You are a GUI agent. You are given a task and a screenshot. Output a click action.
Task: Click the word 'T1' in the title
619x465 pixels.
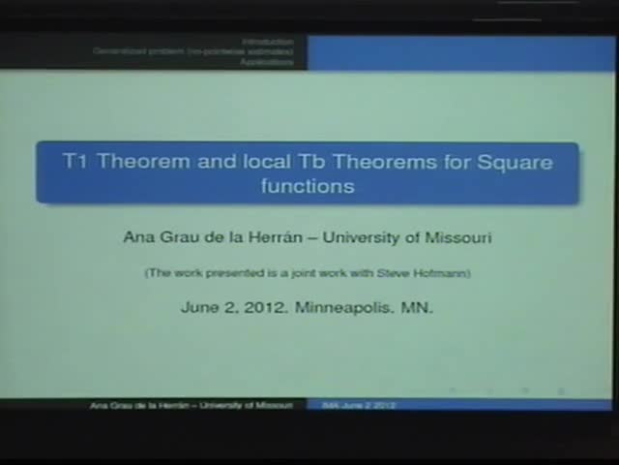(x=76, y=162)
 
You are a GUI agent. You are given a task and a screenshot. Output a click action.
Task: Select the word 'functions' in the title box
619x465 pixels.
(x=308, y=185)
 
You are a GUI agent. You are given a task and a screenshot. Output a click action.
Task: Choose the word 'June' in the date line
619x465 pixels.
(x=199, y=308)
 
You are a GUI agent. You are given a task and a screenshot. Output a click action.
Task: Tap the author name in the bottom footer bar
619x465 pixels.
(x=191, y=405)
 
